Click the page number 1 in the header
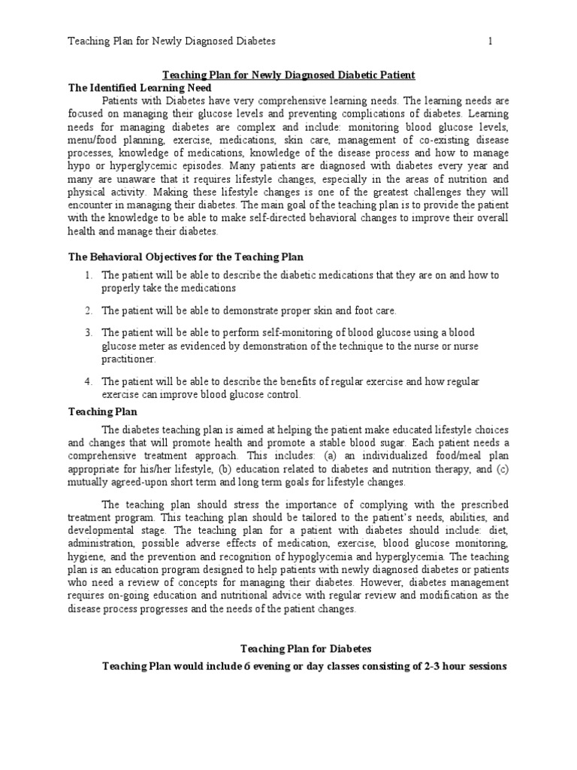(491, 41)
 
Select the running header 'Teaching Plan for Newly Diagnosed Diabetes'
(172, 41)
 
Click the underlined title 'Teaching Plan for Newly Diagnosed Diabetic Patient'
(289, 75)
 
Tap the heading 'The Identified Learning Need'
(133, 87)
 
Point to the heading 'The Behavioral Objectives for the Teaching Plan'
(186, 257)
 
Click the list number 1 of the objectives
(88, 276)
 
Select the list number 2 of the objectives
(88, 311)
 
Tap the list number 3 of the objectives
(88, 332)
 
